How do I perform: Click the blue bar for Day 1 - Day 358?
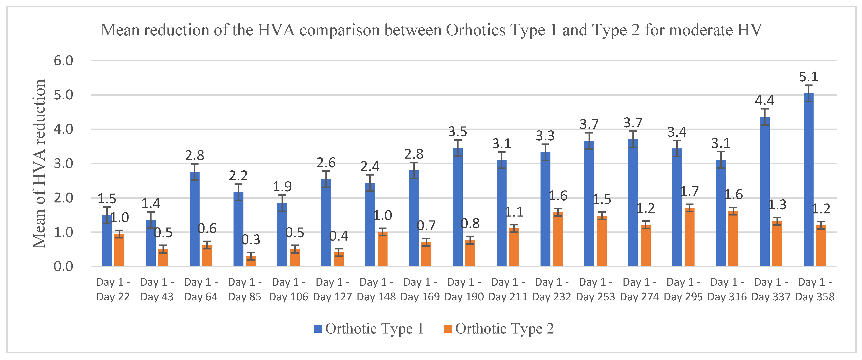808,181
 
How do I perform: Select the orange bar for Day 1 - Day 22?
119,250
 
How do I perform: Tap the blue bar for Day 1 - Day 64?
194,219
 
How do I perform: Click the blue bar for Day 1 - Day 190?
457,207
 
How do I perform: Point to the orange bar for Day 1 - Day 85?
251,261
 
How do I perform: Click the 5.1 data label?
808,77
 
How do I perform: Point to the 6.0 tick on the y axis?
63,61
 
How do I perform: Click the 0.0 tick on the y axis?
63,267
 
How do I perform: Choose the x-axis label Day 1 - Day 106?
288,289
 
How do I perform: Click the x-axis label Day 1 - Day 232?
551,289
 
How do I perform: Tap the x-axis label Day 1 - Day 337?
771,289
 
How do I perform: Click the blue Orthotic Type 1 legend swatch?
318,329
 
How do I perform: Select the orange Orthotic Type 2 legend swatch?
448,329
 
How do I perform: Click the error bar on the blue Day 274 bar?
633,139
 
